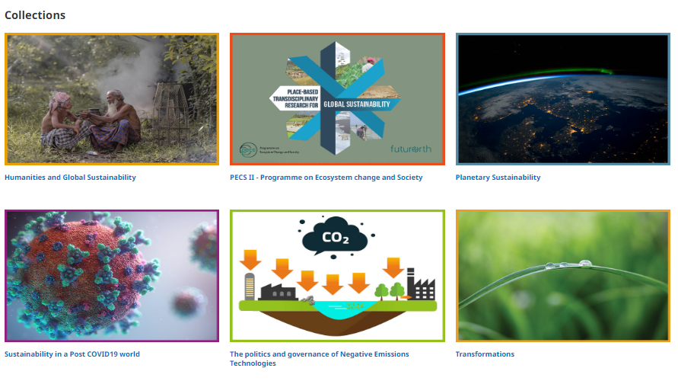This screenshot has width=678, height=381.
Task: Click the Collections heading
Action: (35, 15)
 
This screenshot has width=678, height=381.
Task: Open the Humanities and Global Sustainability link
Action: (70, 178)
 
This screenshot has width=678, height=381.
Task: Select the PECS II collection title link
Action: (326, 178)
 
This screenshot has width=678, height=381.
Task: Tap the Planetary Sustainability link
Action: (498, 178)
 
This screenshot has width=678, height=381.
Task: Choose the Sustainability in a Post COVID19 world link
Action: (72, 354)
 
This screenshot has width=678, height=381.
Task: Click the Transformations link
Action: (485, 354)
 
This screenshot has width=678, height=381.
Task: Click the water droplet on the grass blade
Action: (584, 264)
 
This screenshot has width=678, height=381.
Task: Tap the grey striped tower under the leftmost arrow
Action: (249, 286)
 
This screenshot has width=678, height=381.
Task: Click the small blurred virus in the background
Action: (187, 302)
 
